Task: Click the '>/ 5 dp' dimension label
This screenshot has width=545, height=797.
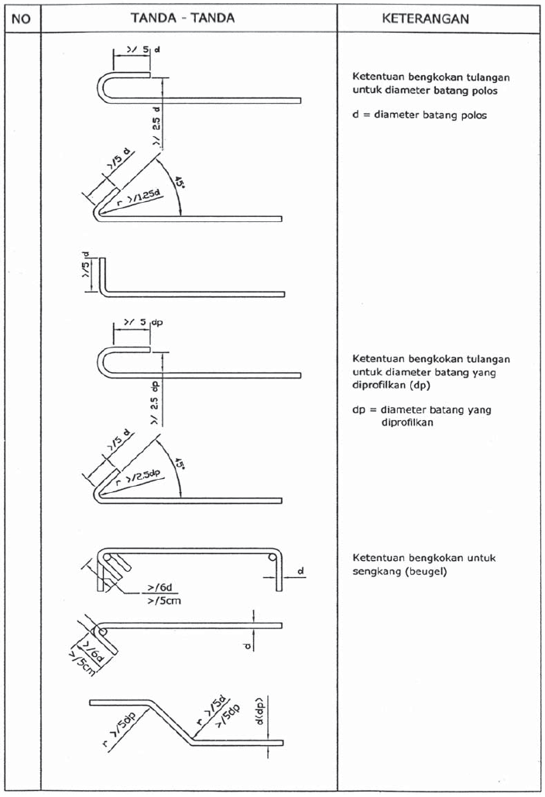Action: pos(140,322)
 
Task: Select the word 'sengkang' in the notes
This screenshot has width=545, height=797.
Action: pos(375,572)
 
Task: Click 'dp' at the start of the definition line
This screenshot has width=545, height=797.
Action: pos(358,410)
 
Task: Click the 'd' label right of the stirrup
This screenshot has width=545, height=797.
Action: pos(300,571)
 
